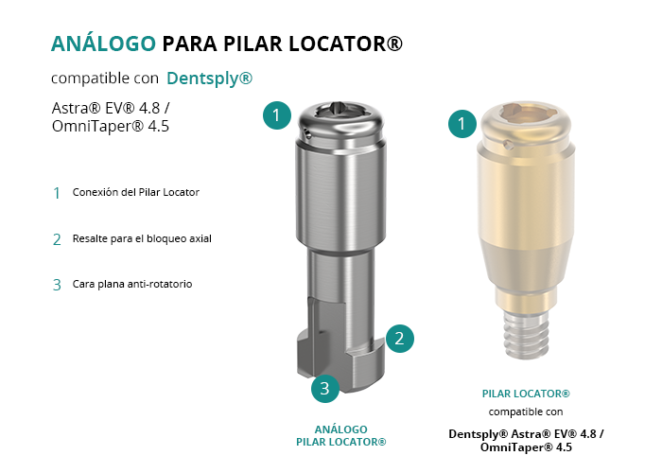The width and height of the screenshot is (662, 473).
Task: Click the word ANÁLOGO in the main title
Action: click(x=103, y=44)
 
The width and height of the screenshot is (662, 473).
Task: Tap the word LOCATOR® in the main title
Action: click(x=345, y=44)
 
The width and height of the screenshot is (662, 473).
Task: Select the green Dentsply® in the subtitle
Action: click(x=209, y=79)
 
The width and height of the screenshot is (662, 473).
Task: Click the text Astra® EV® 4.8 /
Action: click(x=111, y=108)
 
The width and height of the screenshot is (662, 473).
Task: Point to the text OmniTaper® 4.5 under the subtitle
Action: click(x=111, y=126)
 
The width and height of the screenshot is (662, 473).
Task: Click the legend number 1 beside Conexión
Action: click(x=57, y=193)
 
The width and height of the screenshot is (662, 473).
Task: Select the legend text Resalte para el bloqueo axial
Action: click(x=142, y=238)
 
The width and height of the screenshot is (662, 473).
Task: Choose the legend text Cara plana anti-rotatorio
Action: click(x=132, y=284)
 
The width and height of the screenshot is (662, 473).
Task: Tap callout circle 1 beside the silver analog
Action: click(x=276, y=115)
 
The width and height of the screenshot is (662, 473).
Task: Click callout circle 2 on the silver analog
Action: click(x=399, y=339)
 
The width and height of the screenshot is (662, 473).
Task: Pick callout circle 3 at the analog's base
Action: click(x=325, y=388)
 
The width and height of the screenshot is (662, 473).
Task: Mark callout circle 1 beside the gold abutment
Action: click(x=462, y=124)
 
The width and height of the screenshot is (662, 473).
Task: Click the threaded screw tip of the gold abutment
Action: click(x=527, y=336)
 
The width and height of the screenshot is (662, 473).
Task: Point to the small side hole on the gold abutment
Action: click(x=509, y=146)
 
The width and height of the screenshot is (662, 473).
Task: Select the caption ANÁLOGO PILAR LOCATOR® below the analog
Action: click(x=341, y=436)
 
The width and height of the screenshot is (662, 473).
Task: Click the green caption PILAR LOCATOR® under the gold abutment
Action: click(x=526, y=394)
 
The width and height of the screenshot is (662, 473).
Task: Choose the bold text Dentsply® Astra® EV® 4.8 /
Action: click(x=526, y=433)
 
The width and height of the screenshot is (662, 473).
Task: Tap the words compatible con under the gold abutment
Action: click(x=526, y=412)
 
